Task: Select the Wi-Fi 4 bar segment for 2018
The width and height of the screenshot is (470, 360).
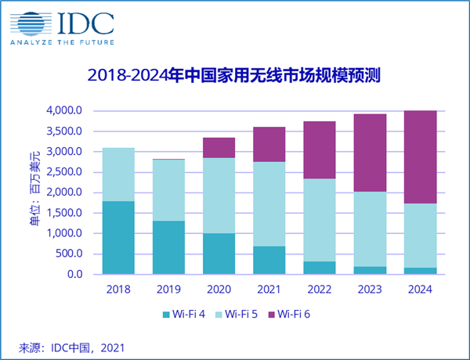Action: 118,237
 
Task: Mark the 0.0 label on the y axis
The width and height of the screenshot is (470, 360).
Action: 74,274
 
